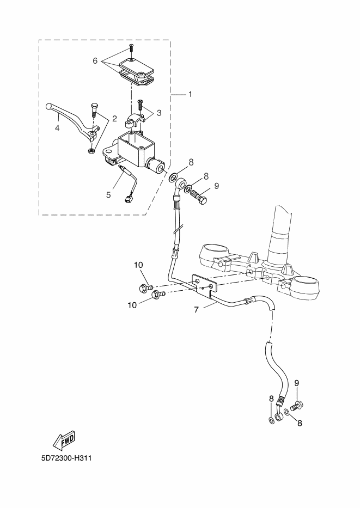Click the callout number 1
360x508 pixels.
(x=190, y=94)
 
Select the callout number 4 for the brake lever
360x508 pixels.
(x=57, y=128)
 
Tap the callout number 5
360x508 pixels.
(x=108, y=194)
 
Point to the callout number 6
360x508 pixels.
(x=95, y=61)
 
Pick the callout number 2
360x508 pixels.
(x=114, y=118)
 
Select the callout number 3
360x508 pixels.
(x=159, y=113)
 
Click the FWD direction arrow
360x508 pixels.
(x=64, y=439)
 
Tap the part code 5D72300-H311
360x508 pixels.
(x=66, y=458)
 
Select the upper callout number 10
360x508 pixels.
(x=138, y=265)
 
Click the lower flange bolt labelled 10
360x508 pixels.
(x=158, y=295)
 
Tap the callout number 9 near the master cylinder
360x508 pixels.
(x=216, y=186)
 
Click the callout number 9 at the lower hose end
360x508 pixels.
(x=297, y=383)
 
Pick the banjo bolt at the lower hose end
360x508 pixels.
(x=297, y=405)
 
